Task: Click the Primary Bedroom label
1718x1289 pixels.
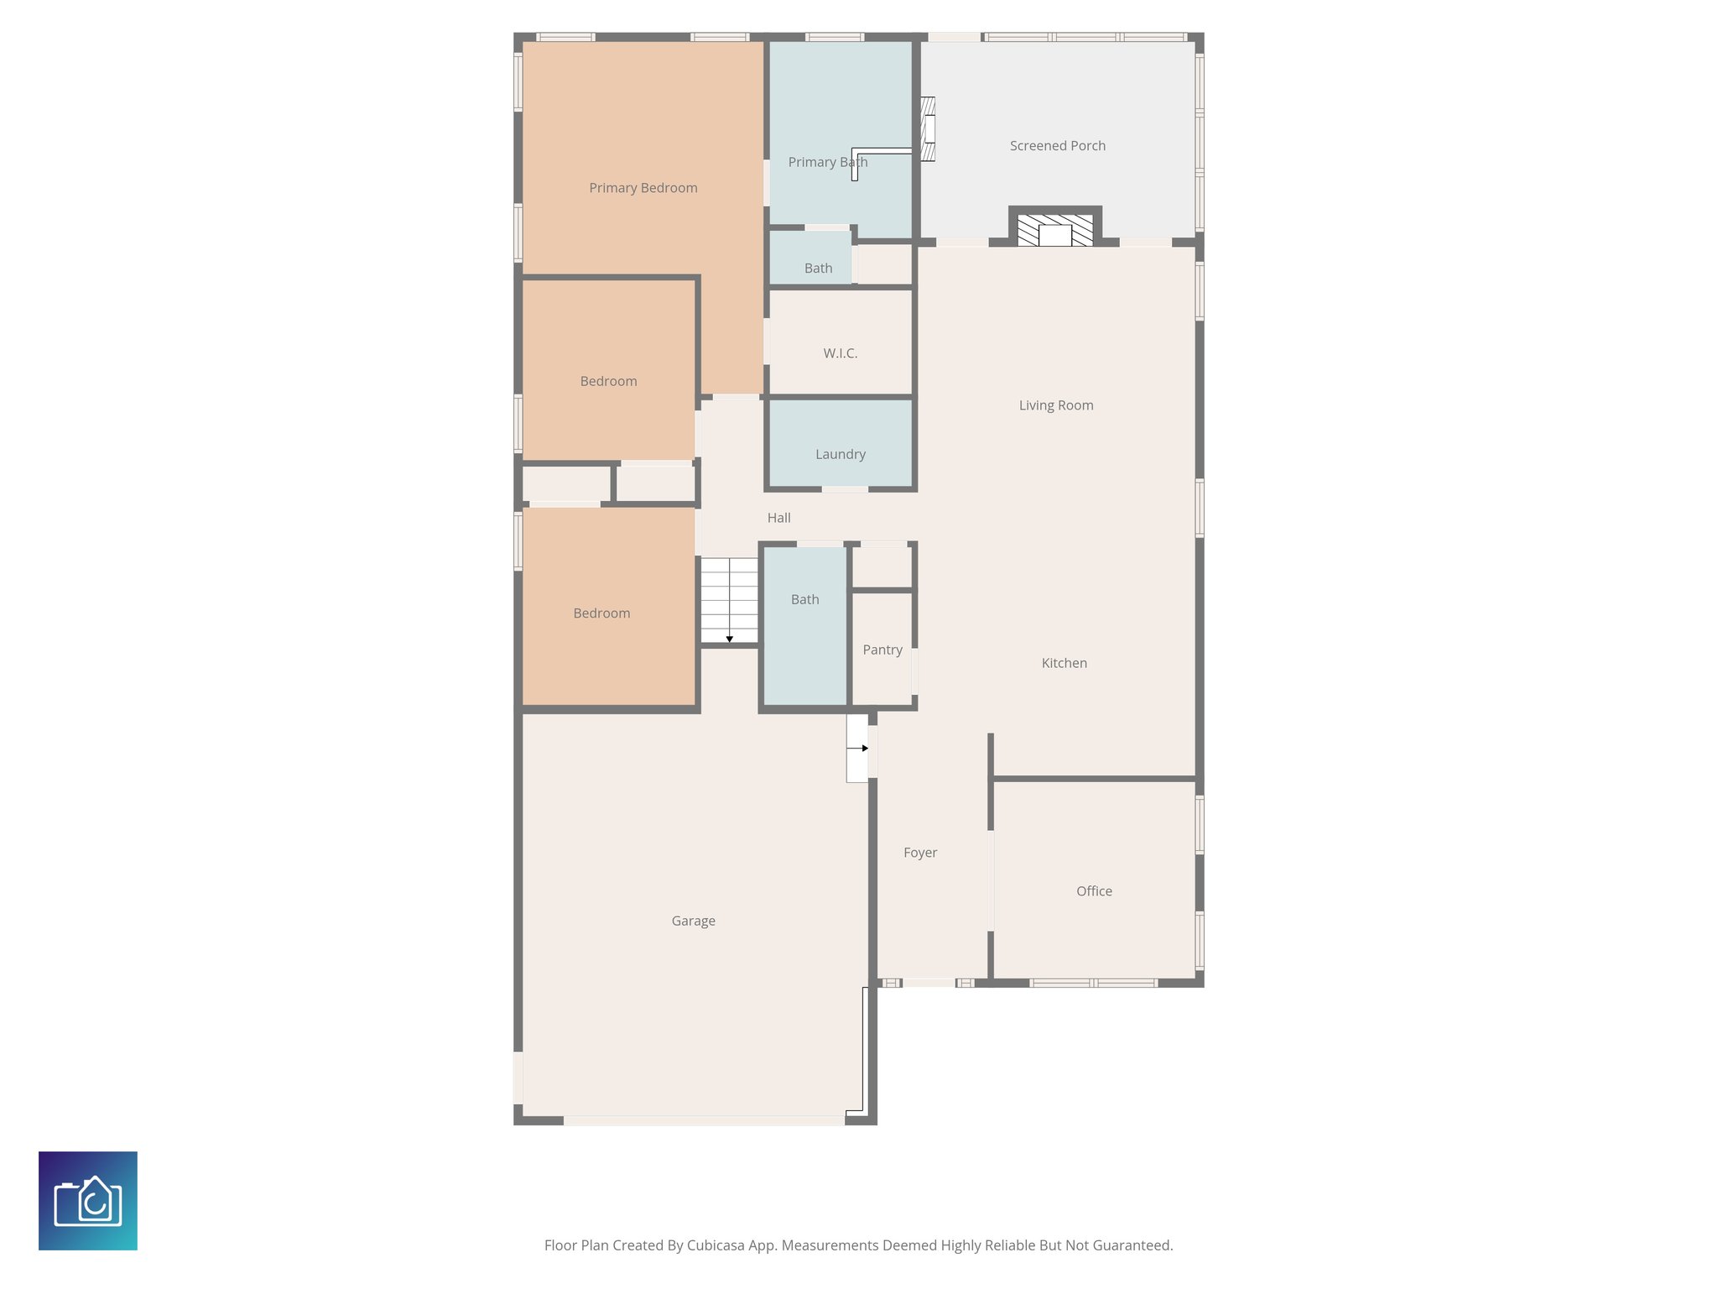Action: [x=643, y=188]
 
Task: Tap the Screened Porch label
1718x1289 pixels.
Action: [x=1057, y=146]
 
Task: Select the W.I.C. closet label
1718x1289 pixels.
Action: [x=840, y=353]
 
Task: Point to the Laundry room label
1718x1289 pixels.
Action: [x=840, y=454]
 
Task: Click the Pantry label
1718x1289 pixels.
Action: [x=882, y=650]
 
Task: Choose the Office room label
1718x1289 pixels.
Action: [x=1094, y=891]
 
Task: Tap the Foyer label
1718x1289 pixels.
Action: [x=920, y=853]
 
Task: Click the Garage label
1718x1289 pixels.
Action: [x=693, y=921]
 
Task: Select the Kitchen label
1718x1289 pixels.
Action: [x=1064, y=663]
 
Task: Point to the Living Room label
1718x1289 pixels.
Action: [x=1055, y=405]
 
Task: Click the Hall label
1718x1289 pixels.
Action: [x=778, y=518]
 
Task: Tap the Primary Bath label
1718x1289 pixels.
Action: [x=827, y=162]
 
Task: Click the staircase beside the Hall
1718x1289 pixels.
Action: [x=729, y=599]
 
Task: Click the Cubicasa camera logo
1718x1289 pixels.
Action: [x=88, y=1201]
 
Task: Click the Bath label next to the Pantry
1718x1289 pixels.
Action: [x=804, y=599]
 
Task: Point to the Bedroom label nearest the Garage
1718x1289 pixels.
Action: [x=601, y=613]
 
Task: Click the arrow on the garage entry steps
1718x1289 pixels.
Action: [x=864, y=748]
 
